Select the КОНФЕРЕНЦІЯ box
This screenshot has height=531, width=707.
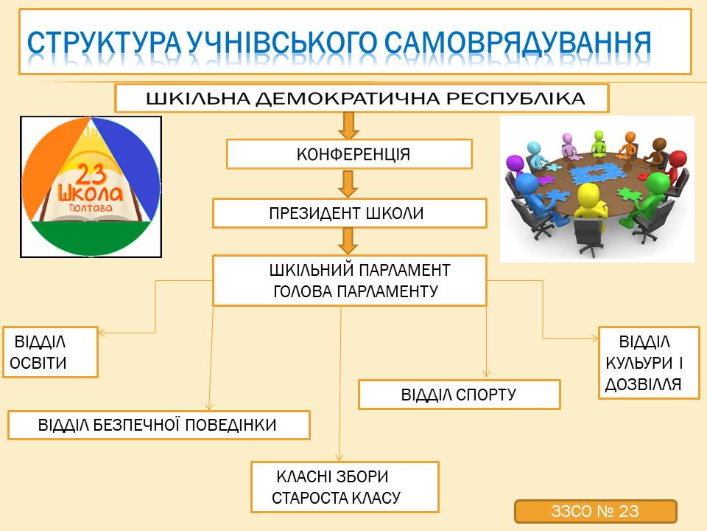tap(349, 154)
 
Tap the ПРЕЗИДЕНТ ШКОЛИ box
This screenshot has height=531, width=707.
tap(349, 213)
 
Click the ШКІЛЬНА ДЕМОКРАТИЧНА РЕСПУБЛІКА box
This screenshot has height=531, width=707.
tap(362, 98)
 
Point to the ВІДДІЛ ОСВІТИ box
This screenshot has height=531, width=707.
tap(50, 353)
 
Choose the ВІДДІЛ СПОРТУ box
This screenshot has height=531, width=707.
tap(459, 395)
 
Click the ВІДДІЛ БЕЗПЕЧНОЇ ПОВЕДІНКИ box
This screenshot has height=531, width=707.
tap(159, 425)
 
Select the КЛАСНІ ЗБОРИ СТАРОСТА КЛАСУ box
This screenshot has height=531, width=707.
tap(345, 487)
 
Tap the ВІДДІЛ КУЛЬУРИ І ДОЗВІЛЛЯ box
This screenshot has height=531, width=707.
tap(649, 363)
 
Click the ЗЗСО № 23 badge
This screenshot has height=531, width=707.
tap(595, 511)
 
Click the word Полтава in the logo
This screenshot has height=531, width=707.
tap(91, 208)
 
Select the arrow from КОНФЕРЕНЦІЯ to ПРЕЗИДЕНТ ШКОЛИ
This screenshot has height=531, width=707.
tap(348, 184)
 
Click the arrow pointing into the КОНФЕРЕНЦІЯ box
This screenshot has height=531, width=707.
tap(348, 125)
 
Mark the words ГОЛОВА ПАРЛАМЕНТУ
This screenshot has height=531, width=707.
tap(356, 292)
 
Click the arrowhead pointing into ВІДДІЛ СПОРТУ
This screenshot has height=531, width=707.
tap(486, 373)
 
